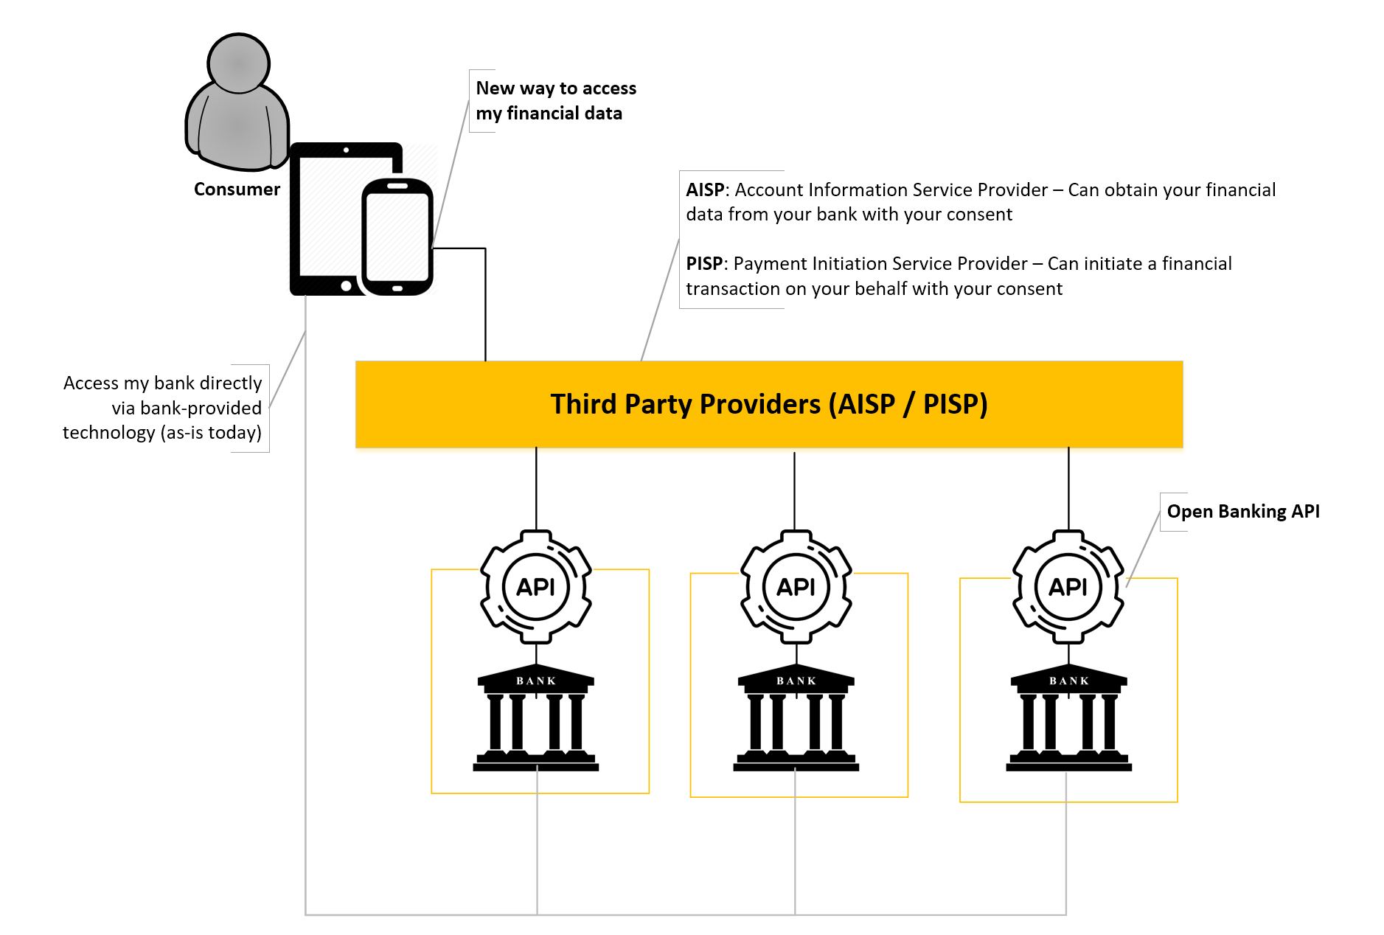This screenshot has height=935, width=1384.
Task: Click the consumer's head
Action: [x=238, y=63]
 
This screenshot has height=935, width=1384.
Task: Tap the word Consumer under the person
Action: [x=237, y=190]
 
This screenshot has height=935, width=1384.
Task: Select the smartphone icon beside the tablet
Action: [x=397, y=236]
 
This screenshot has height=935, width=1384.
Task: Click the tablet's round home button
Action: [x=346, y=285]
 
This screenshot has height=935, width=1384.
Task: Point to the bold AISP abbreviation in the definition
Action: [x=705, y=190]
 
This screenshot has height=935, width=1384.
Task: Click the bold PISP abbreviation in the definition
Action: [x=704, y=264]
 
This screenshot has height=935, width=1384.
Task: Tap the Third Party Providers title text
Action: [x=768, y=404]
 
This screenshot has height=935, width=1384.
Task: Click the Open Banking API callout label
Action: [x=1242, y=511]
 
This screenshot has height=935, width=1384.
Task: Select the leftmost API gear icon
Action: [x=536, y=587]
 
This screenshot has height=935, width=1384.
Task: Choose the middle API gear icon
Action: [x=796, y=587]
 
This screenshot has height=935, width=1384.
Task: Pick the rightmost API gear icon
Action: [x=1068, y=587]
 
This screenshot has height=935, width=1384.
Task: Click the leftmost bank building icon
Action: [x=536, y=719]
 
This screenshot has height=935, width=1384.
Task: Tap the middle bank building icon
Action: [x=796, y=719]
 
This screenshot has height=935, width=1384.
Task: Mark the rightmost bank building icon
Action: [x=1068, y=719]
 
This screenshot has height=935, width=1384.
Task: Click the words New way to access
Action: [x=555, y=88]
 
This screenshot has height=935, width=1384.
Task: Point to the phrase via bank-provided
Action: [x=187, y=408]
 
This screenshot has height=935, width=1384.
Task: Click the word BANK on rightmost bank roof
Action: [x=1068, y=681]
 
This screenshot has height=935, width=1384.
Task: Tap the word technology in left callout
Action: [x=108, y=433]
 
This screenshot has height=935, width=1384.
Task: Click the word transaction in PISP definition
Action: [x=733, y=289]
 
